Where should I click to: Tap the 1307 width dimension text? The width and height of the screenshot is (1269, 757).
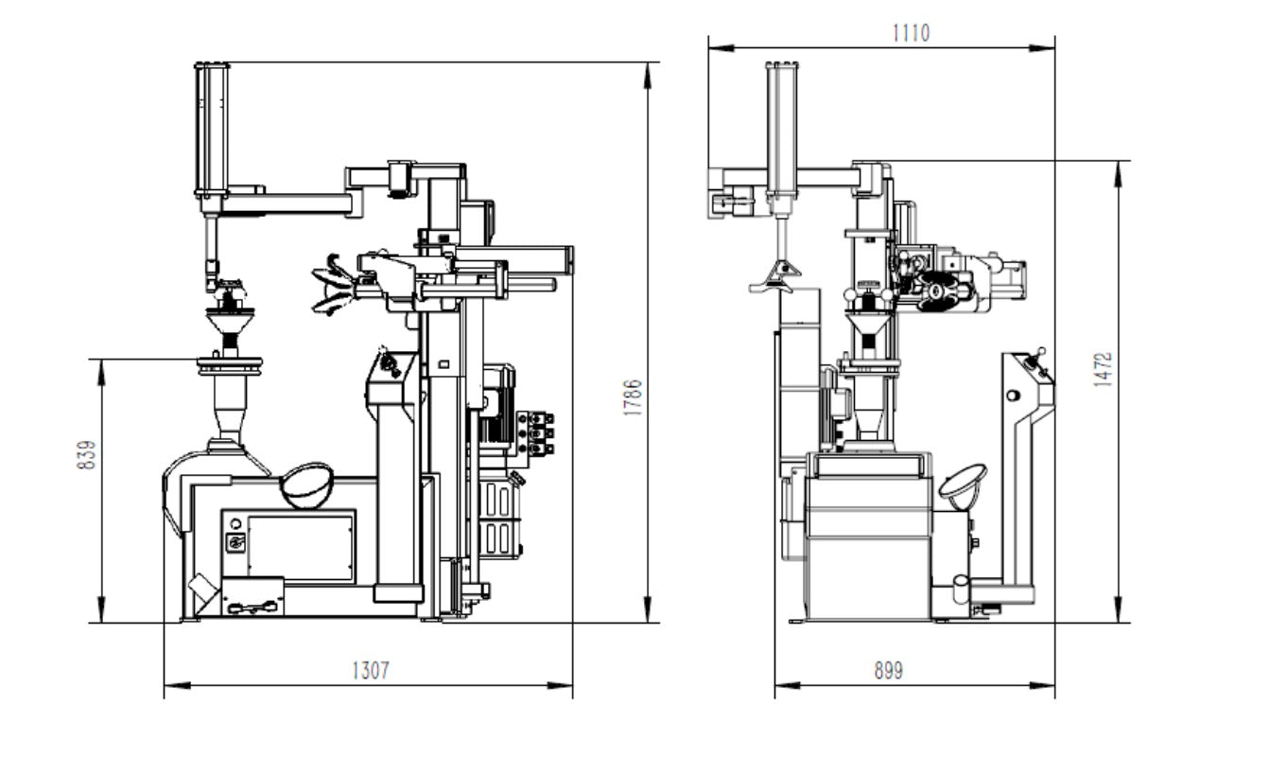click(370, 671)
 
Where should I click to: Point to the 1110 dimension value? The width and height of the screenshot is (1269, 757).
click(911, 33)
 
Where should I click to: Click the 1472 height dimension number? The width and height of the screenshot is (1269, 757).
click(1103, 370)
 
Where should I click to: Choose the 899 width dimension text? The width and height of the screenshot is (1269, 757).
click(887, 671)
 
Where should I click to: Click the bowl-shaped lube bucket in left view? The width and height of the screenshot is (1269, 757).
click(305, 484)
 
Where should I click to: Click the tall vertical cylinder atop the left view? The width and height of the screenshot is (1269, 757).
click(212, 128)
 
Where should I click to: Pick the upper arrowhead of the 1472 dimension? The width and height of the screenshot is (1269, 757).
click(1119, 168)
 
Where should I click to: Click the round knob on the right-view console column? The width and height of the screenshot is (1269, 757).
click(1014, 394)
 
